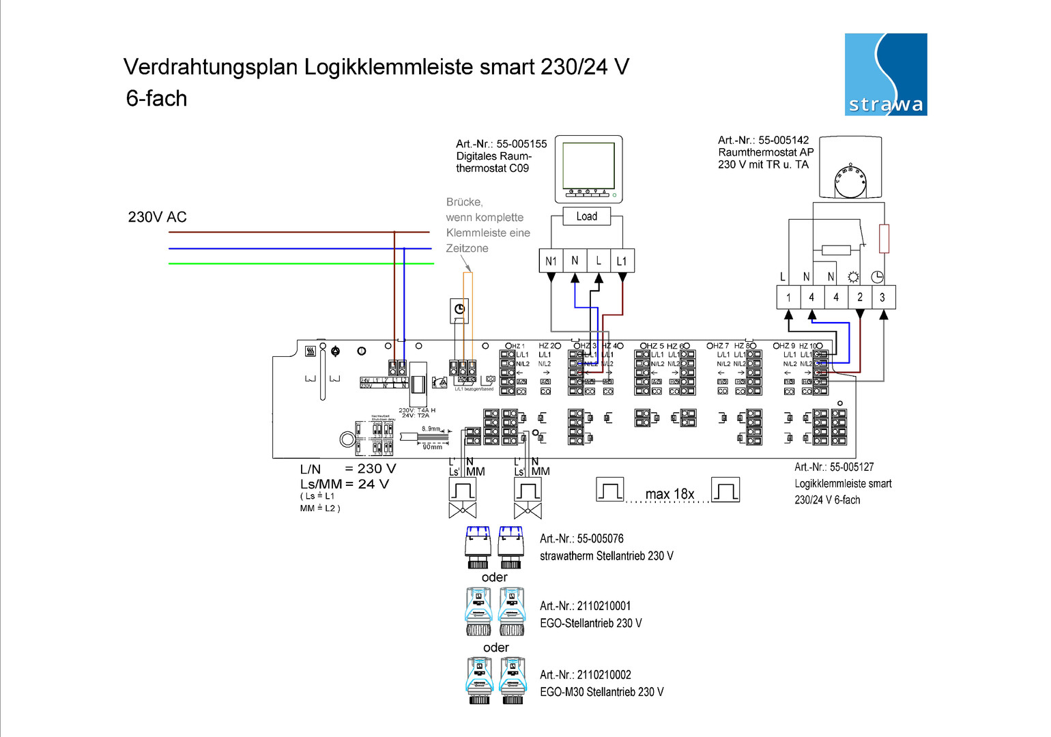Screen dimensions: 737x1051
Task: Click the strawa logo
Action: (885, 74)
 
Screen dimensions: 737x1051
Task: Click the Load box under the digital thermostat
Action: (586, 216)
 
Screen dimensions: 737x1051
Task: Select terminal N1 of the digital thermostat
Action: (551, 261)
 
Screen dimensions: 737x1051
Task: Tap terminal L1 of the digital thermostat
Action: (622, 261)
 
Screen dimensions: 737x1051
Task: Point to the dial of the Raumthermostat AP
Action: (850, 181)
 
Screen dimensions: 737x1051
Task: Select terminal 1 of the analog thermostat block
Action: (788, 298)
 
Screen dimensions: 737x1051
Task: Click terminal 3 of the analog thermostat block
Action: (882, 298)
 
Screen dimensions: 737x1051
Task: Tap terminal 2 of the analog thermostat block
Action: (860, 298)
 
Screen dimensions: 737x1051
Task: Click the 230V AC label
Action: (157, 217)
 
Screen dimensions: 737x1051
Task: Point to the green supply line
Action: (300, 263)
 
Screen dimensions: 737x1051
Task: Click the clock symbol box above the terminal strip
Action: (460, 310)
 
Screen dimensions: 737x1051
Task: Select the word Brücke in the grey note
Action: (464, 202)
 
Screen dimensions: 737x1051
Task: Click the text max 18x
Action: (670, 493)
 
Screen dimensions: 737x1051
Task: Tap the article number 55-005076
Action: (600, 538)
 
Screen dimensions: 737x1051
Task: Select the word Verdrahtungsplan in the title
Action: (210, 67)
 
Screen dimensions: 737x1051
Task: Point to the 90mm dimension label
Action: (432, 447)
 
